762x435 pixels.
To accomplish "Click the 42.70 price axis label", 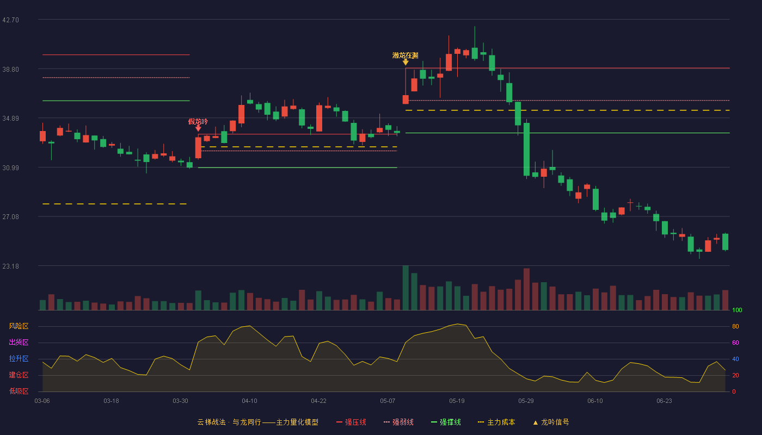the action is click(x=10, y=20).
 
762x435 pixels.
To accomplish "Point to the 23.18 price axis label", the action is click(x=10, y=266).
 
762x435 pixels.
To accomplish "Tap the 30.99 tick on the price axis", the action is click(x=10, y=168).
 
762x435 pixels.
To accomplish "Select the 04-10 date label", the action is click(x=249, y=401).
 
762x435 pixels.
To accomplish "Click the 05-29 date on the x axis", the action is click(x=526, y=401).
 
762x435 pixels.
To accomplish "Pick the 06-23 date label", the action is click(x=664, y=401).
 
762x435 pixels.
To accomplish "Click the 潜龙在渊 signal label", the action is click(x=405, y=55).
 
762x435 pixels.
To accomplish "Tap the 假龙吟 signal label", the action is click(x=198, y=122).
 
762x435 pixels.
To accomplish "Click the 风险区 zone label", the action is click(x=19, y=326).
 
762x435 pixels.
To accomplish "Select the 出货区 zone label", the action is click(x=19, y=342).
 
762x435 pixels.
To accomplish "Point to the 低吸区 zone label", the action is click(x=19, y=391).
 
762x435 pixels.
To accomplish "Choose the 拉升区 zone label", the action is click(x=19, y=358).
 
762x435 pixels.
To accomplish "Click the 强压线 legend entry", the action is click(x=351, y=422).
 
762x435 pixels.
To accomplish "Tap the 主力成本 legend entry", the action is click(x=496, y=422).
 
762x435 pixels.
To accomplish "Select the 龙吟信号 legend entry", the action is click(x=551, y=422).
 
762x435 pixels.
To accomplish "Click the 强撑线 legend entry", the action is click(x=446, y=422).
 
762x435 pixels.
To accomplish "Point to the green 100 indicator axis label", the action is click(x=737, y=310).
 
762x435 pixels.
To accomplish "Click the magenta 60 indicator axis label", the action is click(x=735, y=343).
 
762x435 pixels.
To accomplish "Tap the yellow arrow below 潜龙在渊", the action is click(x=405, y=62).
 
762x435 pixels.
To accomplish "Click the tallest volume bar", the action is click(x=405, y=288).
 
